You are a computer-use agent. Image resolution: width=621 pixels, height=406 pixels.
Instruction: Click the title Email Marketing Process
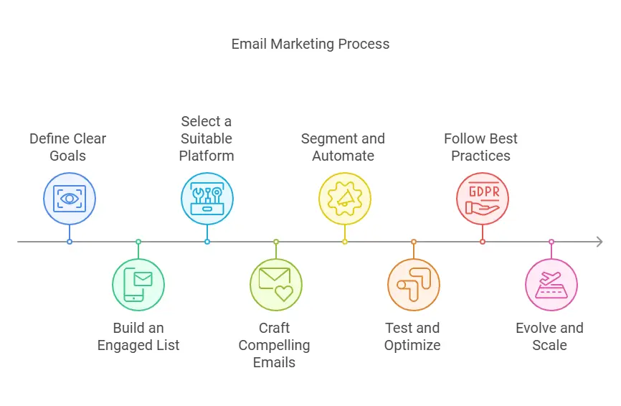click(310, 44)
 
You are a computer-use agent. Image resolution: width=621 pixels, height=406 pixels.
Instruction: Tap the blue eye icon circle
click(70, 199)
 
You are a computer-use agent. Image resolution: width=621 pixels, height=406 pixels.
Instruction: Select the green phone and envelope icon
click(138, 284)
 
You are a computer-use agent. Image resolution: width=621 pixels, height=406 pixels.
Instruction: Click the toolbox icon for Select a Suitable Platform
click(207, 199)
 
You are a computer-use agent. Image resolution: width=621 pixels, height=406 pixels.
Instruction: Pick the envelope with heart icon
click(276, 284)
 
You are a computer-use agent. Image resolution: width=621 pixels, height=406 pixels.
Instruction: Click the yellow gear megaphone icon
click(345, 199)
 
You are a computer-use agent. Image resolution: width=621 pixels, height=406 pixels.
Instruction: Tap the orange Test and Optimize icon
click(414, 284)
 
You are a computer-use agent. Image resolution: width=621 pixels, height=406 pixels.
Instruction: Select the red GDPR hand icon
click(483, 199)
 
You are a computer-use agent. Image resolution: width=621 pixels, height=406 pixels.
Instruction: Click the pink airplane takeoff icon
click(551, 284)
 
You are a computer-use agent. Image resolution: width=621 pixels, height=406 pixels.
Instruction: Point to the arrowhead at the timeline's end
click(601, 242)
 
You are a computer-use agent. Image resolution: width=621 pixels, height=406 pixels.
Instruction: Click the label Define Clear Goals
click(67, 147)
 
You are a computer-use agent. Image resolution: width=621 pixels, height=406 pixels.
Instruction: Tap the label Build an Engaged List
click(138, 336)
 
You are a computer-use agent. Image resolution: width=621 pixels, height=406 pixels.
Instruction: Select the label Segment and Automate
click(343, 147)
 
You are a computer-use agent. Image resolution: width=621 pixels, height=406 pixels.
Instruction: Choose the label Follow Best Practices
click(480, 147)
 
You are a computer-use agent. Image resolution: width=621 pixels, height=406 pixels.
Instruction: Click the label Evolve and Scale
click(550, 336)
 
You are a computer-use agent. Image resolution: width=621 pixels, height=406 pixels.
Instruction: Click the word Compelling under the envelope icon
click(274, 346)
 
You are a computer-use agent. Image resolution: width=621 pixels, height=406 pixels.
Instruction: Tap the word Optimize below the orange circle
click(412, 346)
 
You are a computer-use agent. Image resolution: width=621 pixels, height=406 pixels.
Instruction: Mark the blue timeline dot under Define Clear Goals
click(70, 242)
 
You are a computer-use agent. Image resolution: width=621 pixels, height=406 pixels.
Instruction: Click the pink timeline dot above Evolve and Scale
click(551, 242)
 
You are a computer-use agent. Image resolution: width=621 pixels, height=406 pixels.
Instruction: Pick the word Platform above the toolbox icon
click(207, 156)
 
